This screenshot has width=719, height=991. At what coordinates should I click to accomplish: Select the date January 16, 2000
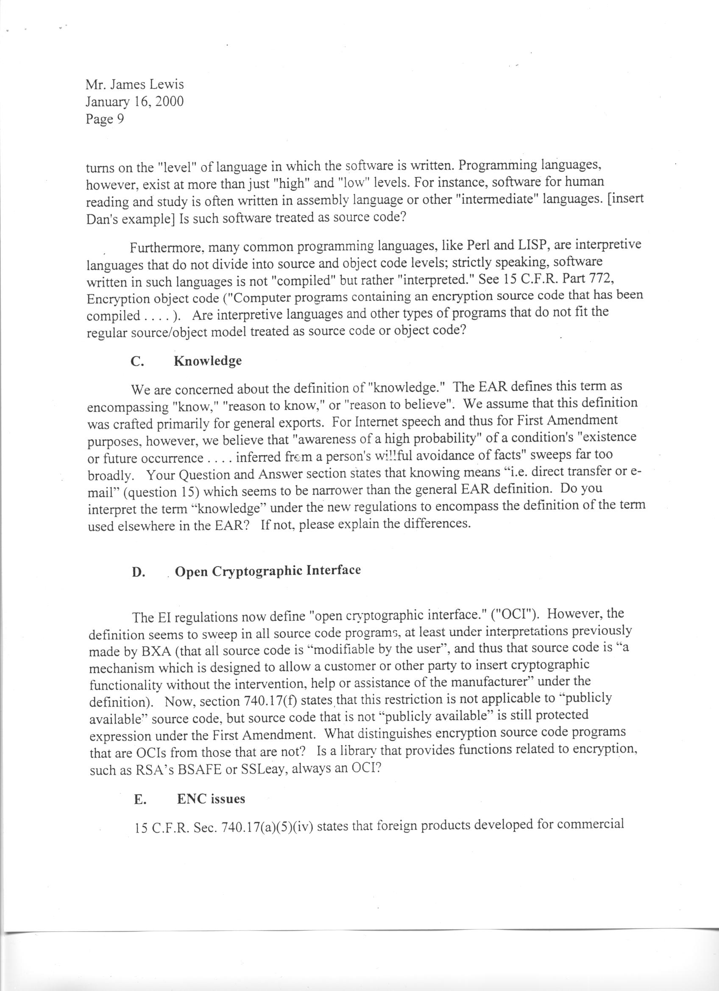135,102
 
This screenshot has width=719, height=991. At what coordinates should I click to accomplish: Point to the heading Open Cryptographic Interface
268,571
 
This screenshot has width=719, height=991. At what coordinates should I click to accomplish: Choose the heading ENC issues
211,799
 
